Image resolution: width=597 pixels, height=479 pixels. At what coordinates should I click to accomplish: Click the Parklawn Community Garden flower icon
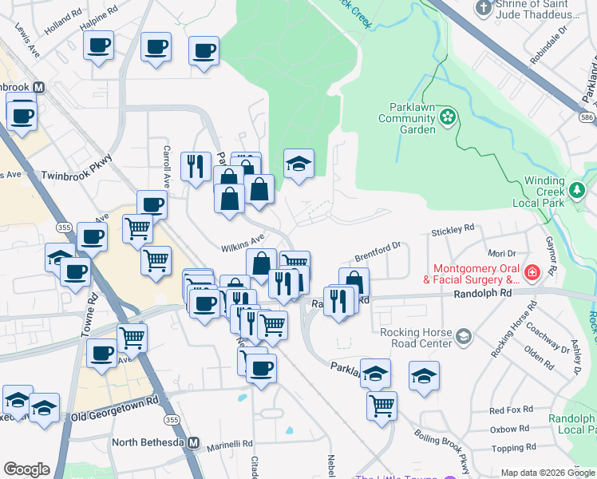point(448,118)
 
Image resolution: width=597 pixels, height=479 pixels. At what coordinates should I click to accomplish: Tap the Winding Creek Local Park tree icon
point(576,190)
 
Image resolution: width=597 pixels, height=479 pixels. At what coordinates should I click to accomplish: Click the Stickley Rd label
point(453,231)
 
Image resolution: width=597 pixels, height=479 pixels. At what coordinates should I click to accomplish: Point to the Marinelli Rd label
point(226,443)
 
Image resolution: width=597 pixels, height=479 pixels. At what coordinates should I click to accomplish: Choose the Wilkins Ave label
point(243,239)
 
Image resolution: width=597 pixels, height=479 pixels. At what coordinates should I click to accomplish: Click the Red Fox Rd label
point(511,410)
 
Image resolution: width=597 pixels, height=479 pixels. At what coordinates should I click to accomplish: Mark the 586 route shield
point(587,117)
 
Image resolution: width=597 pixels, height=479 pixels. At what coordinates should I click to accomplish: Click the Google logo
point(26,469)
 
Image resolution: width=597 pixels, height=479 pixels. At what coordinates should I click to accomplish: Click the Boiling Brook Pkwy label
point(441,451)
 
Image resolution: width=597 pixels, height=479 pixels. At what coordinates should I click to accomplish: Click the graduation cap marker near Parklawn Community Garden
point(299,164)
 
